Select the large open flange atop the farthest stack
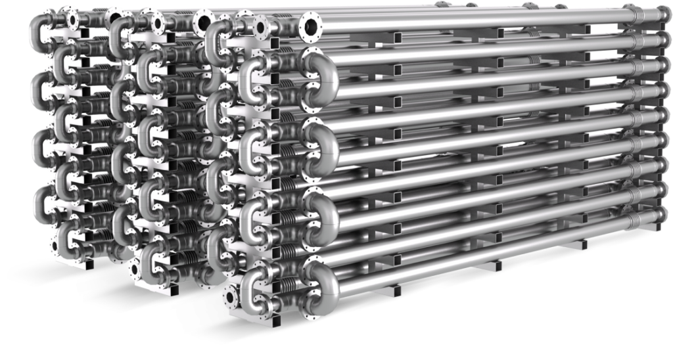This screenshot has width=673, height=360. coord(116,14)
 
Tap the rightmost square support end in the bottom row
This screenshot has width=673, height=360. coord(582,245)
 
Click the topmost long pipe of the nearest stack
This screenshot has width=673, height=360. coord(460,25)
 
